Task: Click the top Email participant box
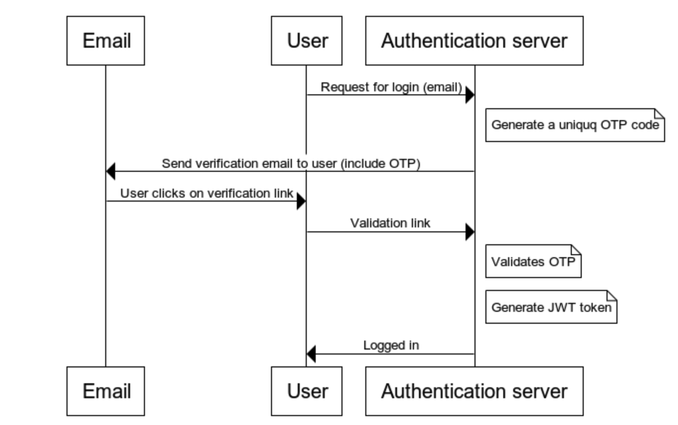tap(106, 41)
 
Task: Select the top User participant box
tap(307, 41)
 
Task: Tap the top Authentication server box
tap(475, 41)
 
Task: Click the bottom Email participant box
tap(106, 391)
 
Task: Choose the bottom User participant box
tap(307, 391)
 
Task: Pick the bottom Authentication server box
tap(475, 391)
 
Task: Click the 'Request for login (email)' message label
tap(391, 87)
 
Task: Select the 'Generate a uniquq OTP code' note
tap(575, 125)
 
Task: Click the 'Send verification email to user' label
tap(291, 163)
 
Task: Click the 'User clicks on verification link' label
tap(207, 193)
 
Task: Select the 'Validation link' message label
tap(390, 223)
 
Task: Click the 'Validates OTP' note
tap(534, 261)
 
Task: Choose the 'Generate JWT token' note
tap(551, 307)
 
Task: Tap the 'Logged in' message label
tap(391, 346)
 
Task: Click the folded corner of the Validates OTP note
tap(576, 250)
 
